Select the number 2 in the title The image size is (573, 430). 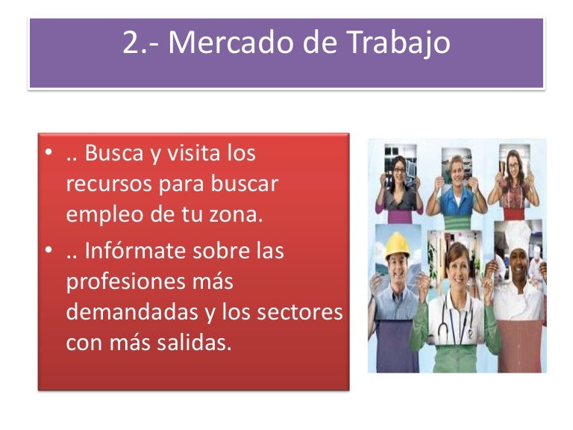tap(131, 44)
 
